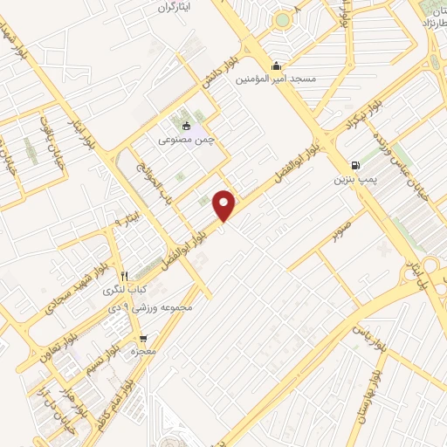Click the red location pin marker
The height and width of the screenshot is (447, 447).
tap(224, 203)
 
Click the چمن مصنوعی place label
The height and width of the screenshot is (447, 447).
tap(185, 138)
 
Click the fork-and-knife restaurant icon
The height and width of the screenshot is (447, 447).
tap(125, 274)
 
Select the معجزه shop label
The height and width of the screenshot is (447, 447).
tap(142, 351)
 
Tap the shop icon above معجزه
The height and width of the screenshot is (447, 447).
tap(142, 337)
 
